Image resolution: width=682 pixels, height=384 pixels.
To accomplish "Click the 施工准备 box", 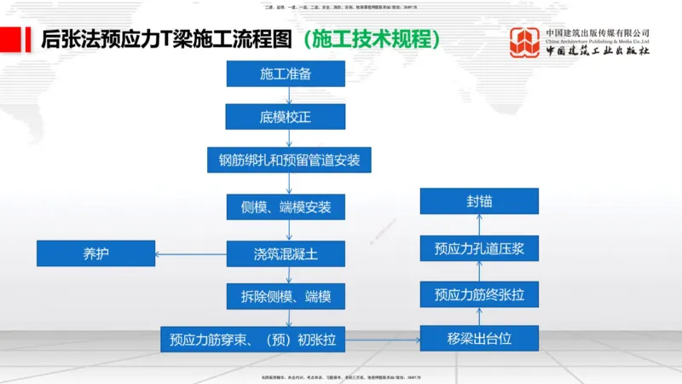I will tap(286, 73).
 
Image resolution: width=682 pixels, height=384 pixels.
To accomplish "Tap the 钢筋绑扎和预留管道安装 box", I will tap(289, 160).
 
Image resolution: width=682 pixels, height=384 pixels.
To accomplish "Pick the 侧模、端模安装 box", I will tap(286, 207).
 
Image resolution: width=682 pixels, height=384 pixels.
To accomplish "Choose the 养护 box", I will tap(95, 253).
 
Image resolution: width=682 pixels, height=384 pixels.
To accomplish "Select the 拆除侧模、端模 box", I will tap(286, 296).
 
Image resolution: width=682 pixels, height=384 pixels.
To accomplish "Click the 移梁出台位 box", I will tap(479, 339).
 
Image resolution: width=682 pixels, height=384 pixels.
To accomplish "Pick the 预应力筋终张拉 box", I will tap(479, 294).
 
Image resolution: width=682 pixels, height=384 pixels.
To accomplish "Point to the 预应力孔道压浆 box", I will tap(479, 248).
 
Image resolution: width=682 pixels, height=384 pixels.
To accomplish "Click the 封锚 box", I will tap(479, 201).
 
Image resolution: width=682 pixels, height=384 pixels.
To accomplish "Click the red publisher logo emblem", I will tap(523, 42).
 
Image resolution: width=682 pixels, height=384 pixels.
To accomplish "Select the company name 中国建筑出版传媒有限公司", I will tap(597, 33).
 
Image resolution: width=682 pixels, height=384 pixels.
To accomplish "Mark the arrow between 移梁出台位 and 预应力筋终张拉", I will tap(479, 317).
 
